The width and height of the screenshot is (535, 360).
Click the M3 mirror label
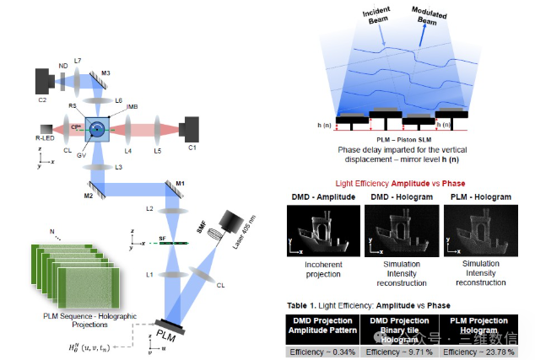105,73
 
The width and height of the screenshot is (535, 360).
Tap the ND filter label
62,66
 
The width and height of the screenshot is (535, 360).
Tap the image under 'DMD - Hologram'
400,231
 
